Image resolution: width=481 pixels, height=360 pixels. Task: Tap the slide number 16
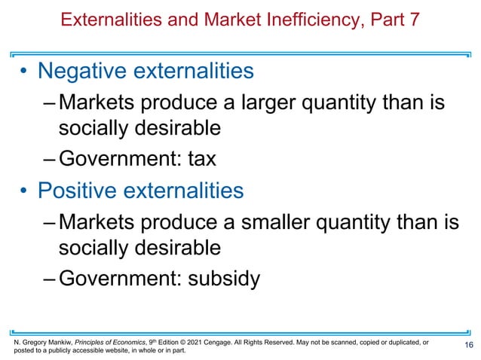(469, 346)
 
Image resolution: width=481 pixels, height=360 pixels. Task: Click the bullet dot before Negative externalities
(24, 72)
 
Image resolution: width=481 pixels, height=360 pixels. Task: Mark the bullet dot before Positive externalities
(24, 191)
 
